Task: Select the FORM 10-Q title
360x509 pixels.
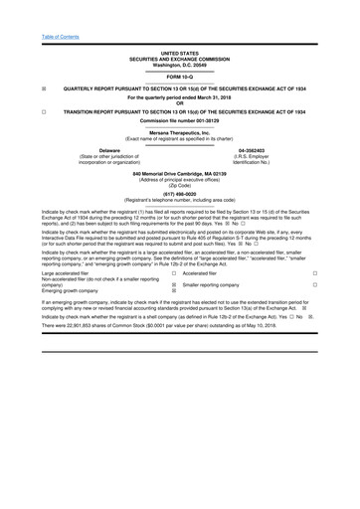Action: [180, 76]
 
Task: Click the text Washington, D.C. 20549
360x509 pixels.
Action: [180, 63]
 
